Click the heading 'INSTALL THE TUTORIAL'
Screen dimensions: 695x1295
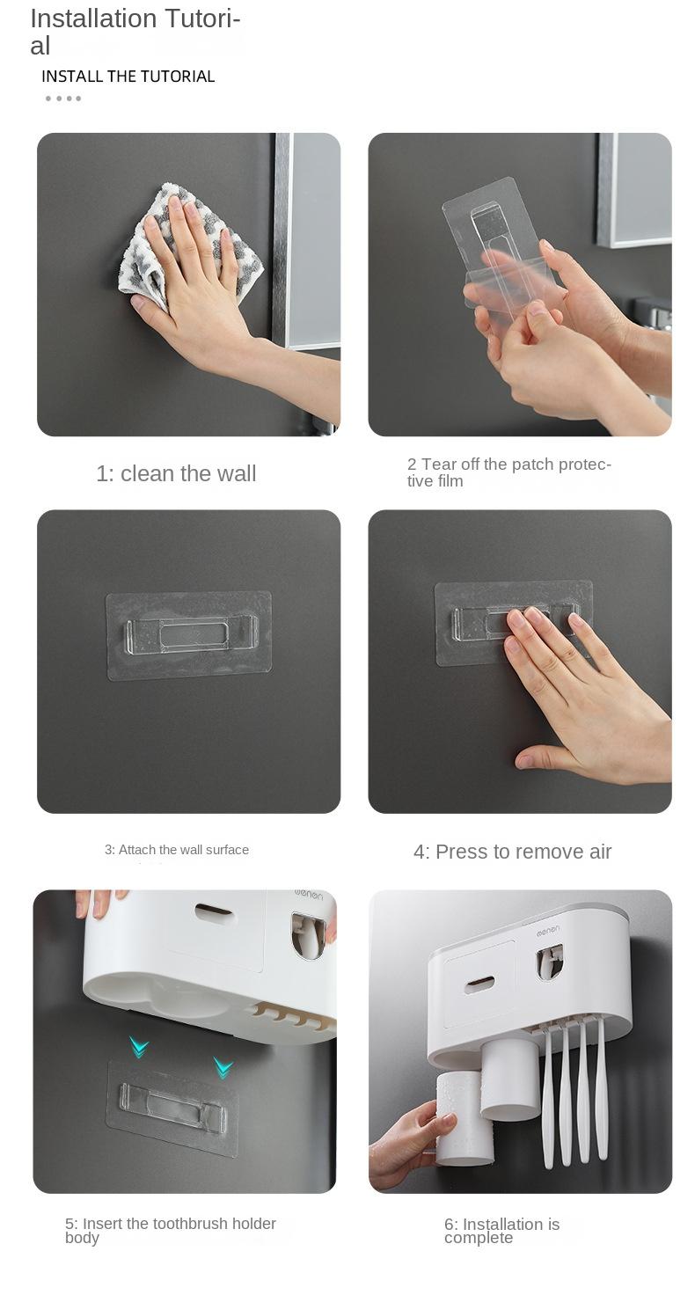[128, 77]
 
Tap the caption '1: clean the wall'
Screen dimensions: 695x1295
[176, 473]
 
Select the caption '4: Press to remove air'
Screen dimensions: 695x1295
[512, 852]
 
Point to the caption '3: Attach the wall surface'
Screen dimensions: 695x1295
[177, 849]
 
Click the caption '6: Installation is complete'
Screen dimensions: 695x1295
[501, 1231]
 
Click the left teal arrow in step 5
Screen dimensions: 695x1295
[139, 1046]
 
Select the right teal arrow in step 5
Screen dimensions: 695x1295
[223, 1066]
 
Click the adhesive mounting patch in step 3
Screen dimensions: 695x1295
[189, 635]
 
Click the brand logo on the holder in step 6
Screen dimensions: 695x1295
[547, 932]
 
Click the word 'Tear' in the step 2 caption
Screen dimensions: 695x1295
[439, 465]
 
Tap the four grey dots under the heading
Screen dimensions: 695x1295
[63, 99]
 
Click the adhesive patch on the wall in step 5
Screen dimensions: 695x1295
[173, 1108]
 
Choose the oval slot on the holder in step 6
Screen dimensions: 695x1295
[479, 984]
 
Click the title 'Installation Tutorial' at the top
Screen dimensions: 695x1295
[135, 32]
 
